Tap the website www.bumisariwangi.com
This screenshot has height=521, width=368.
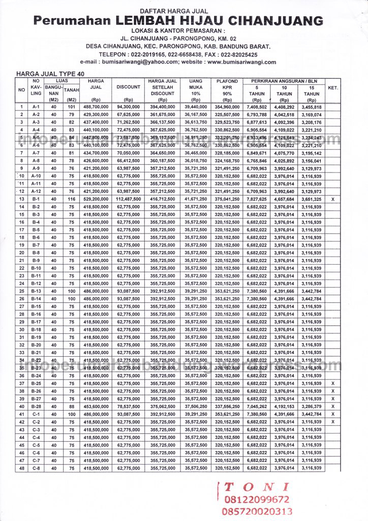click(x=242, y=62)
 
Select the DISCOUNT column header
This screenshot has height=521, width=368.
click(x=128, y=88)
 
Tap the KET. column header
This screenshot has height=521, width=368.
click(x=333, y=88)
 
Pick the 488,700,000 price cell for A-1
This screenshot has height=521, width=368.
click(x=96, y=107)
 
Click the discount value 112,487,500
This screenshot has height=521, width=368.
click(x=128, y=199)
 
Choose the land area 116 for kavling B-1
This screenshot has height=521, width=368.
click(x=71, y=199)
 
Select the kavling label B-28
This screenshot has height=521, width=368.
click(x=36, y=407)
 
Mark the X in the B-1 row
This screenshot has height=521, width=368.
click(x=333, y=199)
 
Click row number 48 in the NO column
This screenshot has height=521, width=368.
click(x=22, y=468)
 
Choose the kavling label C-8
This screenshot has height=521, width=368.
click(x=36, y=468)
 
